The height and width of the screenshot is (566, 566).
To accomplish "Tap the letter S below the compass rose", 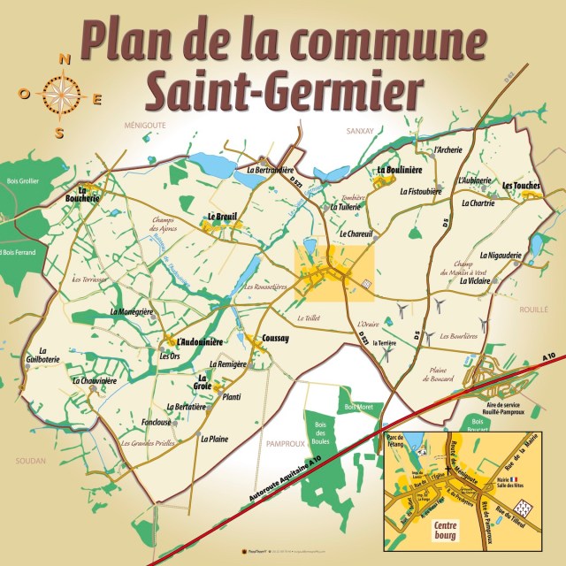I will pyautogui.click(x=60, y=132).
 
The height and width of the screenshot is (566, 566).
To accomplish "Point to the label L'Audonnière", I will pyautogui.click(x=199, y=341).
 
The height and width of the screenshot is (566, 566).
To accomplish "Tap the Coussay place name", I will pyautogui.click(x=276, y=339).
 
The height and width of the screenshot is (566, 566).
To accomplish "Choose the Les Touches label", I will pyautogui.click(x=520, y=185).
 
